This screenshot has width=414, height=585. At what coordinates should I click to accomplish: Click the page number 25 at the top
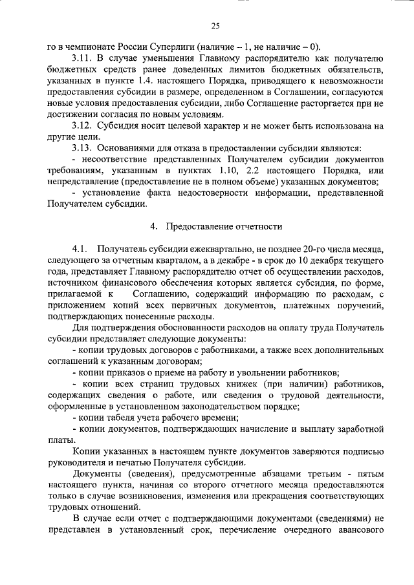(x=215, y=25)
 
